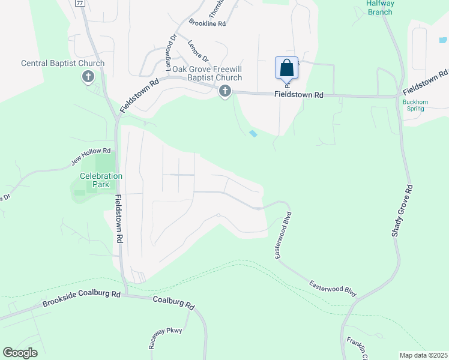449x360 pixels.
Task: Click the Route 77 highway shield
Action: point(80,2)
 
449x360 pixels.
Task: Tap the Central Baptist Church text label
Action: point(62,63)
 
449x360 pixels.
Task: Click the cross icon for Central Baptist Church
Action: point(88,77)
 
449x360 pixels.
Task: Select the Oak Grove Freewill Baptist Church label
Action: point(207,73)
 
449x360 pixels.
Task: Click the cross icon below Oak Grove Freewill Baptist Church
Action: point(225,92)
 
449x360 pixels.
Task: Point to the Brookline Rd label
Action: point(206,23)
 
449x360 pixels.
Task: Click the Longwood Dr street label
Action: point(170,48)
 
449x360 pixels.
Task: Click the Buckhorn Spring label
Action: point(414,106)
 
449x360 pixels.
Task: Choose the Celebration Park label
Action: point(101,180)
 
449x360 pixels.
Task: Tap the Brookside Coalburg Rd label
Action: point(82,299)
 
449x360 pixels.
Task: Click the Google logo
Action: point(20,353)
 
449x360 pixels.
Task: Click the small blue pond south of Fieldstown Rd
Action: point(253,133)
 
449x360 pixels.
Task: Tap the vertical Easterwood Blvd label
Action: point(284,235)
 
